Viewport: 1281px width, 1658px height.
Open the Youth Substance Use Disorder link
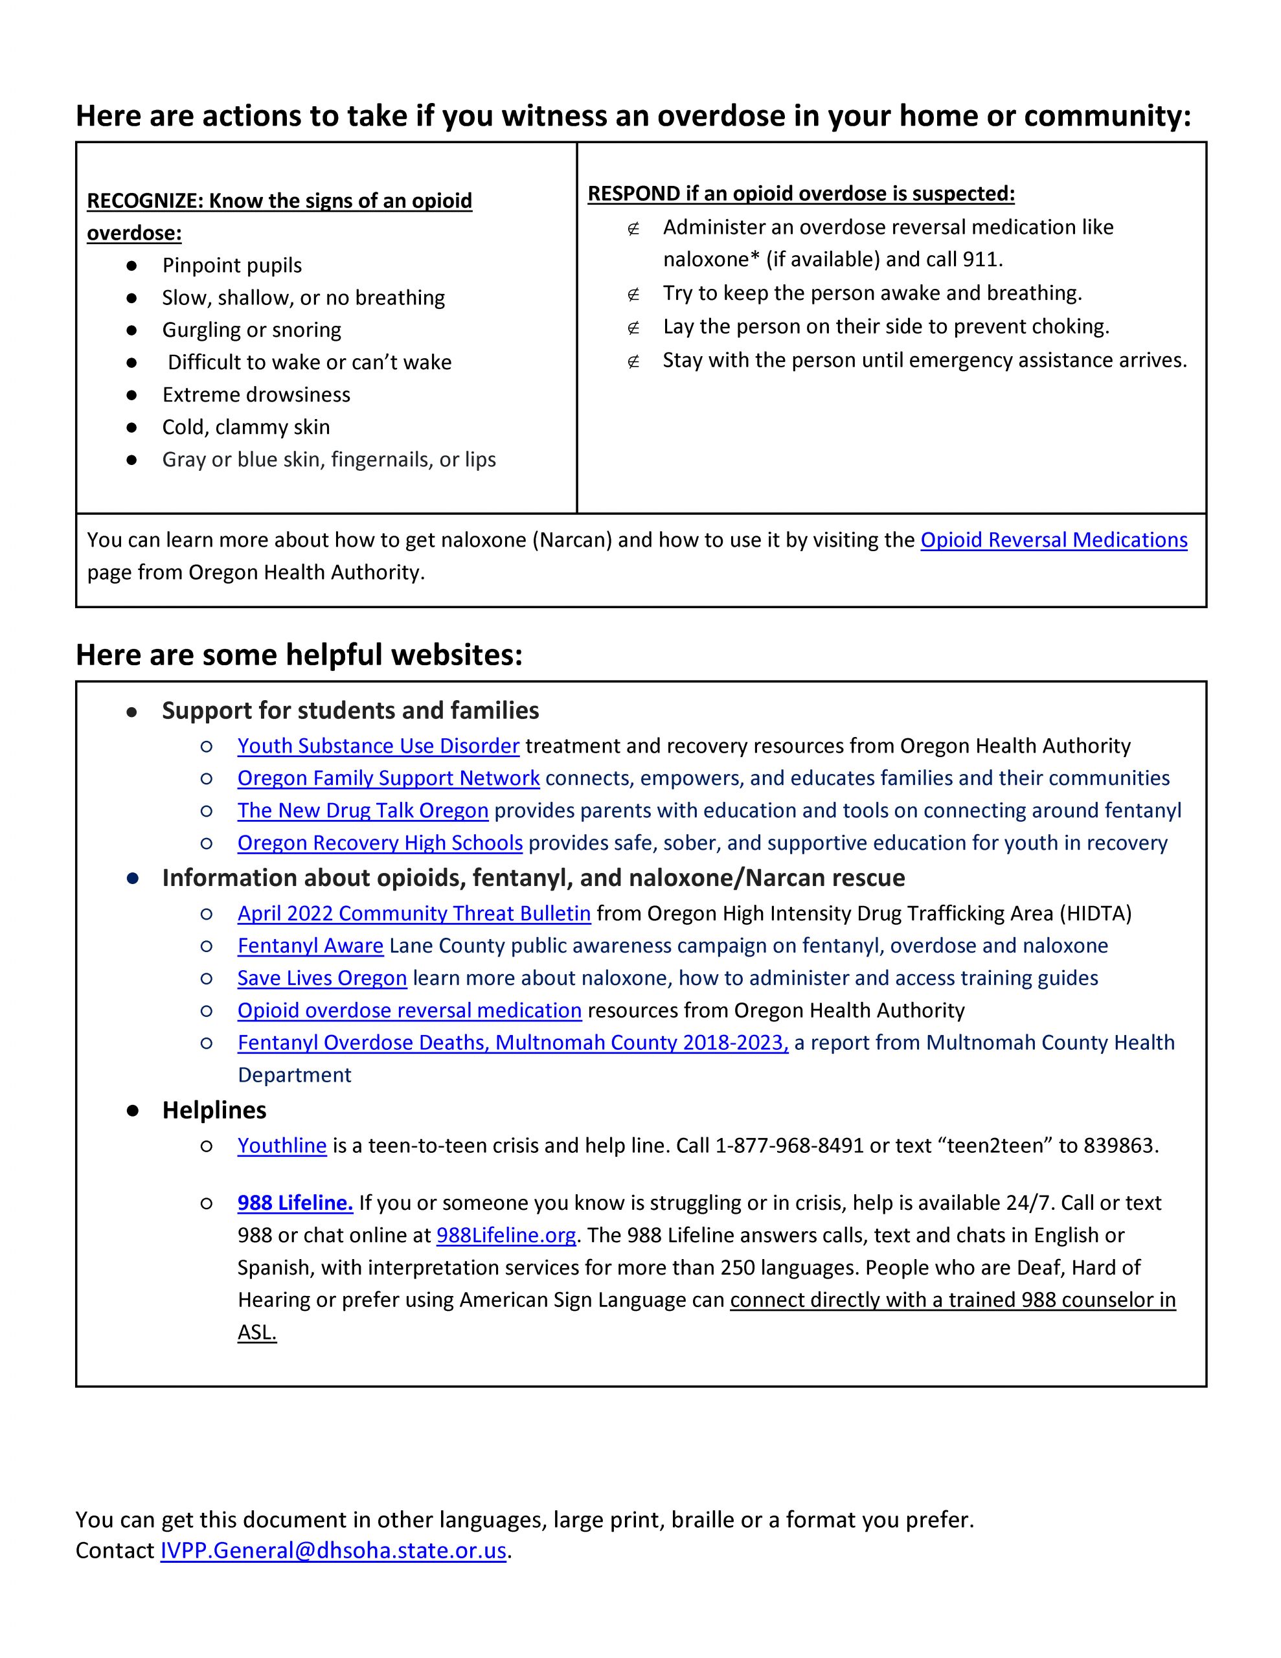(x=378, y=745)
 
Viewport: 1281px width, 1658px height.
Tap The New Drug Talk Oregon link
(x=362, y=811)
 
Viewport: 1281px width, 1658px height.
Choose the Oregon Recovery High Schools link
(x=380, y=843)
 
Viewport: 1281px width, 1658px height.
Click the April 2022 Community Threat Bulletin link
(x=414, y=913)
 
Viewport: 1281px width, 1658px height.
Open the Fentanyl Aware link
(x=311, y=946)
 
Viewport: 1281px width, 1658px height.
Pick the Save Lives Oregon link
(x=322, y=978)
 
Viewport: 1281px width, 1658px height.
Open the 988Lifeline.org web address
(x=506, y=1235)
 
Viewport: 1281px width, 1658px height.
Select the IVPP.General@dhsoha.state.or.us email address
(x=333, y=1550)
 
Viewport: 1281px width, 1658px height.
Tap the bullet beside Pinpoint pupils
(x=131, y=266)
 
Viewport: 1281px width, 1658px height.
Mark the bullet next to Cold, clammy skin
(x=131, y=427)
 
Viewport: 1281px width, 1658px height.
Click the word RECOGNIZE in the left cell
(x=144, y=201)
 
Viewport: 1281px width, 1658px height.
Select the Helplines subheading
(x=214, y=1110)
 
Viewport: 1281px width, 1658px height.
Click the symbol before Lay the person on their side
(x=633, y=327)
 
